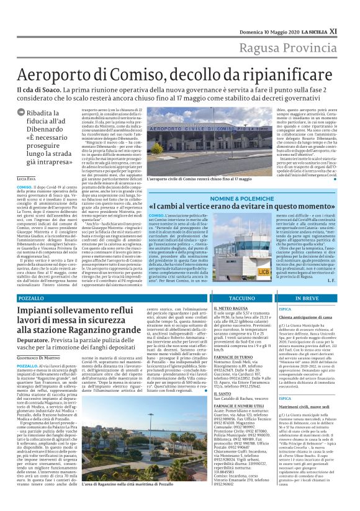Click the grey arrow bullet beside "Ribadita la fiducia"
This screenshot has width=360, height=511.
click(21, 113)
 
